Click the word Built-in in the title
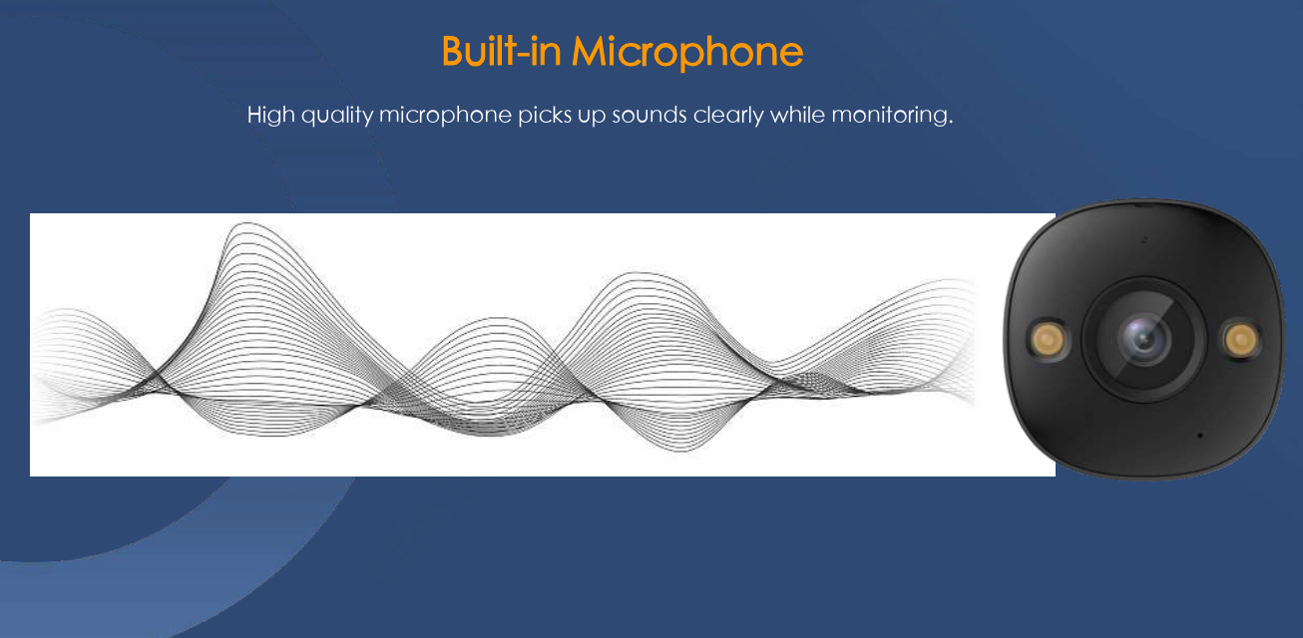(x=502, y=51)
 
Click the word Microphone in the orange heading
(x=687, y=53)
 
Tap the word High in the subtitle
(x=271, y=115)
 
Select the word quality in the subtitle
(x=337, y=115)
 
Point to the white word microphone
(x=446, y=115)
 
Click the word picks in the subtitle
(x=545, y=115)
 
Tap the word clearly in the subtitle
(x=728, y=115)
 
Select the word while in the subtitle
(x=797, y=115)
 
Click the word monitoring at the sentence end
(x=890, y=115)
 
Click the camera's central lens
(x=1143, y=339)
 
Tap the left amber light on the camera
(x=1049, y=339)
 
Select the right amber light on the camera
(x=1240, y=339)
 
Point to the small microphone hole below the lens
(x=1199, y=436)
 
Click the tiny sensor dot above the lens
(x=1144, y=239)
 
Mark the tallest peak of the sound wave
(x=247, y=223)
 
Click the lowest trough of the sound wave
(x=681, y=450)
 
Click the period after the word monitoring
(x=951, y=122)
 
